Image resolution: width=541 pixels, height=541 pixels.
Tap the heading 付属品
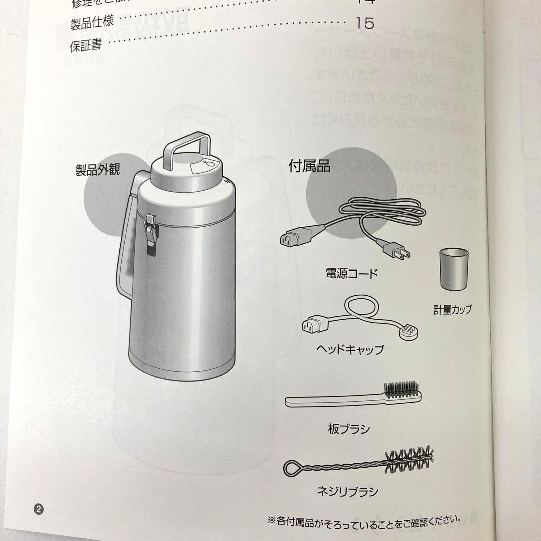309,166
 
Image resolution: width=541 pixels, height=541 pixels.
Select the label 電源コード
351,274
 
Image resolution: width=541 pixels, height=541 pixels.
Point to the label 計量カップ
453,309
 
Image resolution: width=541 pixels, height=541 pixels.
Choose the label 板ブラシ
349,429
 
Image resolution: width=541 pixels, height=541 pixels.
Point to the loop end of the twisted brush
293,469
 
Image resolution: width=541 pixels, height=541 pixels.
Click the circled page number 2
40,508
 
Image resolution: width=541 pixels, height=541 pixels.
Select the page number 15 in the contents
364,23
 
